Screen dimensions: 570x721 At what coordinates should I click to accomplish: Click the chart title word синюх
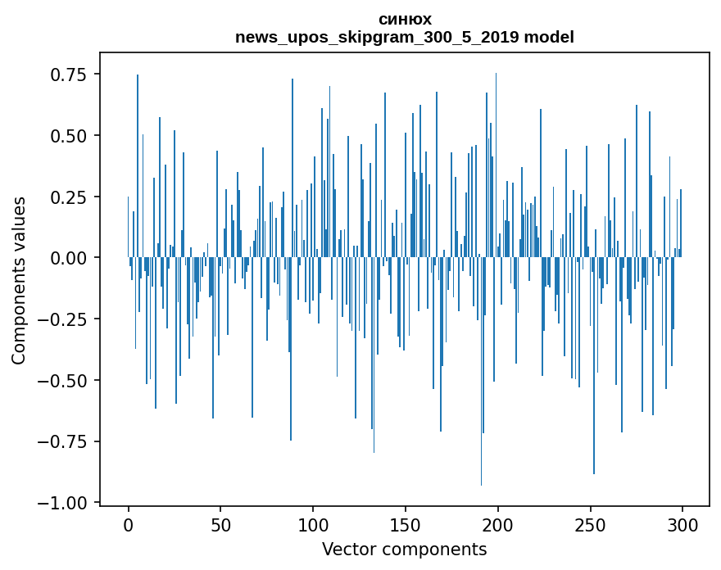tap(405, 19)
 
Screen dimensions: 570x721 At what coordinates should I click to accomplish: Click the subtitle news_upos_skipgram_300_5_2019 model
tap(405, 37)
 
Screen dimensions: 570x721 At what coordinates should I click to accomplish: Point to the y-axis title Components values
tap(19, 280)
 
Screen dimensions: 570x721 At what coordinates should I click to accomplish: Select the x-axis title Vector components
tap(405, 550)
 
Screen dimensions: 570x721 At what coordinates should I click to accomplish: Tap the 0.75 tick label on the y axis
tap(69, 75)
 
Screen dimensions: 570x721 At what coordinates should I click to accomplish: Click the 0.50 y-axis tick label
tap(69, 136)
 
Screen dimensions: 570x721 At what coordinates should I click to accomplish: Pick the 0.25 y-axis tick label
tap(69, 197)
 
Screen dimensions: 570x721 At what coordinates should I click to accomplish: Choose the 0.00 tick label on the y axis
tap(69, 258)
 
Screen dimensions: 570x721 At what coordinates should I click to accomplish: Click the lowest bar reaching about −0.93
tap(482, 409)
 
